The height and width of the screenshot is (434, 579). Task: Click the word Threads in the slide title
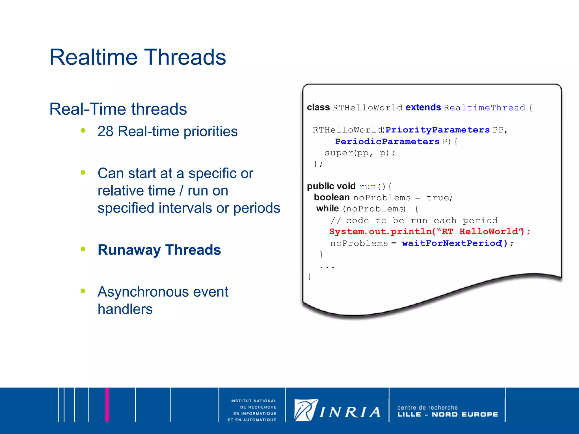click(185, 57)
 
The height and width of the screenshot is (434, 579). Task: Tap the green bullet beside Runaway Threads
click(83, 249)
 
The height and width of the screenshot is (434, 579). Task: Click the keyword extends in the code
click(423, 107)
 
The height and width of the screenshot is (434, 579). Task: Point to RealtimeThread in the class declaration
click(484, 108)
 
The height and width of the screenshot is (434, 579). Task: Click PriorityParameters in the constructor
click(437, 130)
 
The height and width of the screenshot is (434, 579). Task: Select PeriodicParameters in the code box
click(387, 141)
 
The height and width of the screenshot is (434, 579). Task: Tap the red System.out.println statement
click(429, 232)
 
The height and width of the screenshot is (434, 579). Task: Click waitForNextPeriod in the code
click(451, 243)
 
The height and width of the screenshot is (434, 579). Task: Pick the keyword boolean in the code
click(332, 197)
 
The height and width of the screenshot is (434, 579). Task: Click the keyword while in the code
click(327, 209)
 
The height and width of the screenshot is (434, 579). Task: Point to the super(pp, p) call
click(360, 153)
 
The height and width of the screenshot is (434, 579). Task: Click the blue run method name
click(367, 186)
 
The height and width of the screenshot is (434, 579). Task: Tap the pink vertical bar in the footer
click(107, 405)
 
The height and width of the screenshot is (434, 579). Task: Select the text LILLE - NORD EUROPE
click(447, 415)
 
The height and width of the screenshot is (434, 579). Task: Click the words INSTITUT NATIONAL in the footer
click(253, 401)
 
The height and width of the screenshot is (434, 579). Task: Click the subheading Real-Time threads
click(118, 109)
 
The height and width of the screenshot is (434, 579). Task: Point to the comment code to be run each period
click(414, 220)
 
